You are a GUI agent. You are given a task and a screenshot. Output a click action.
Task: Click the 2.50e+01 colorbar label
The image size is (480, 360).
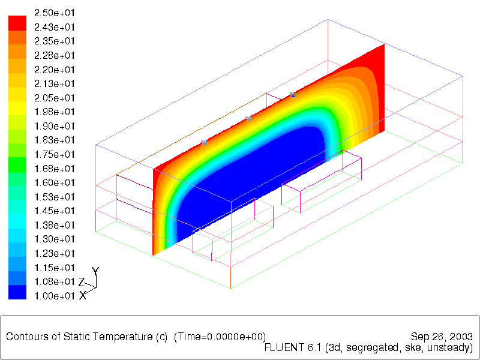(x=55, y=13)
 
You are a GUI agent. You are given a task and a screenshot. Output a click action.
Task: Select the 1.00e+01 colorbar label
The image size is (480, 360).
(x=55, y=296)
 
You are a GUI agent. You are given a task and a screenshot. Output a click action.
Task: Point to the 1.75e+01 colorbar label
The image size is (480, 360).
(x=55, y=154)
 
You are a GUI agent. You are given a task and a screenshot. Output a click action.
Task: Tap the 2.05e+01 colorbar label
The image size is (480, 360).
(x=55, y=98)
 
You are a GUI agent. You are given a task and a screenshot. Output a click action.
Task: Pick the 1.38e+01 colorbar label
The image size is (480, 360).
(x=55, y=225)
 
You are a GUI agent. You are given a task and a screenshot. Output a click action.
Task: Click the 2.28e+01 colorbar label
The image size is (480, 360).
(x=55, y=55)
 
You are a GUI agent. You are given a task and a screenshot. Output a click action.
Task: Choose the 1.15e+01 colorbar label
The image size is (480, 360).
(x=55, y=268)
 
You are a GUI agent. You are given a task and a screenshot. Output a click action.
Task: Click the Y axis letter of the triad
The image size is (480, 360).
(x=95, y=271)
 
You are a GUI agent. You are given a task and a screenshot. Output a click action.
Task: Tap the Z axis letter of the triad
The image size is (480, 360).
(x=82, y=282)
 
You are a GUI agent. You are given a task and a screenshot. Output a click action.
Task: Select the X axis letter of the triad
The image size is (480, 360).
(x=83, y=295)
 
